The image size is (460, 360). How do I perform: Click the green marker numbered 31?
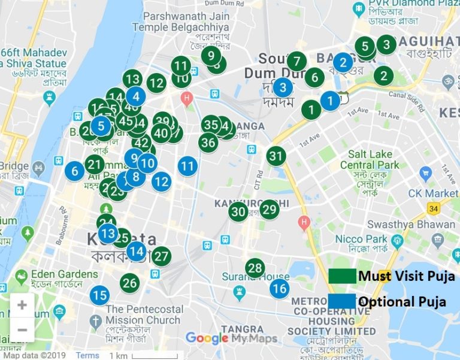click(x=276, y=156)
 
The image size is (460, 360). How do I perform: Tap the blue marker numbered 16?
click(x=279, y=289)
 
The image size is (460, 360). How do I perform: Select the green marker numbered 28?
click(x=255, y=268)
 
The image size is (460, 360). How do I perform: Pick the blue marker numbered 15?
click(x=100, y=295)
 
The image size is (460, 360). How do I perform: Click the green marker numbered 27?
click(x=161, y=256)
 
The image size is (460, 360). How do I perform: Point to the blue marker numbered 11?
click(x=187, y=165)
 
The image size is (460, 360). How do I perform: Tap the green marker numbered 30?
click(x=238, y=211)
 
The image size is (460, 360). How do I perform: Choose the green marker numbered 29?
click(x=270, y=209)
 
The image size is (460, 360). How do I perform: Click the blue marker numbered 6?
click(x=75, y=171)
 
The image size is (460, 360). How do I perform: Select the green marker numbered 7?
click(x=296, y=61)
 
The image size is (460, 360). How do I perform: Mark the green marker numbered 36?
click(x=208, y=143)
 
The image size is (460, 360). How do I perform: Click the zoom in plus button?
click(x=22, y=305)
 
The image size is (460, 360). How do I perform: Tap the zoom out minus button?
click(x=22, y=329)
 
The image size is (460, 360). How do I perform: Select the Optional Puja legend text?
click(x=402, y=302)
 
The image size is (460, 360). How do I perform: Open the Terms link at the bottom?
click(x=87, y=355)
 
